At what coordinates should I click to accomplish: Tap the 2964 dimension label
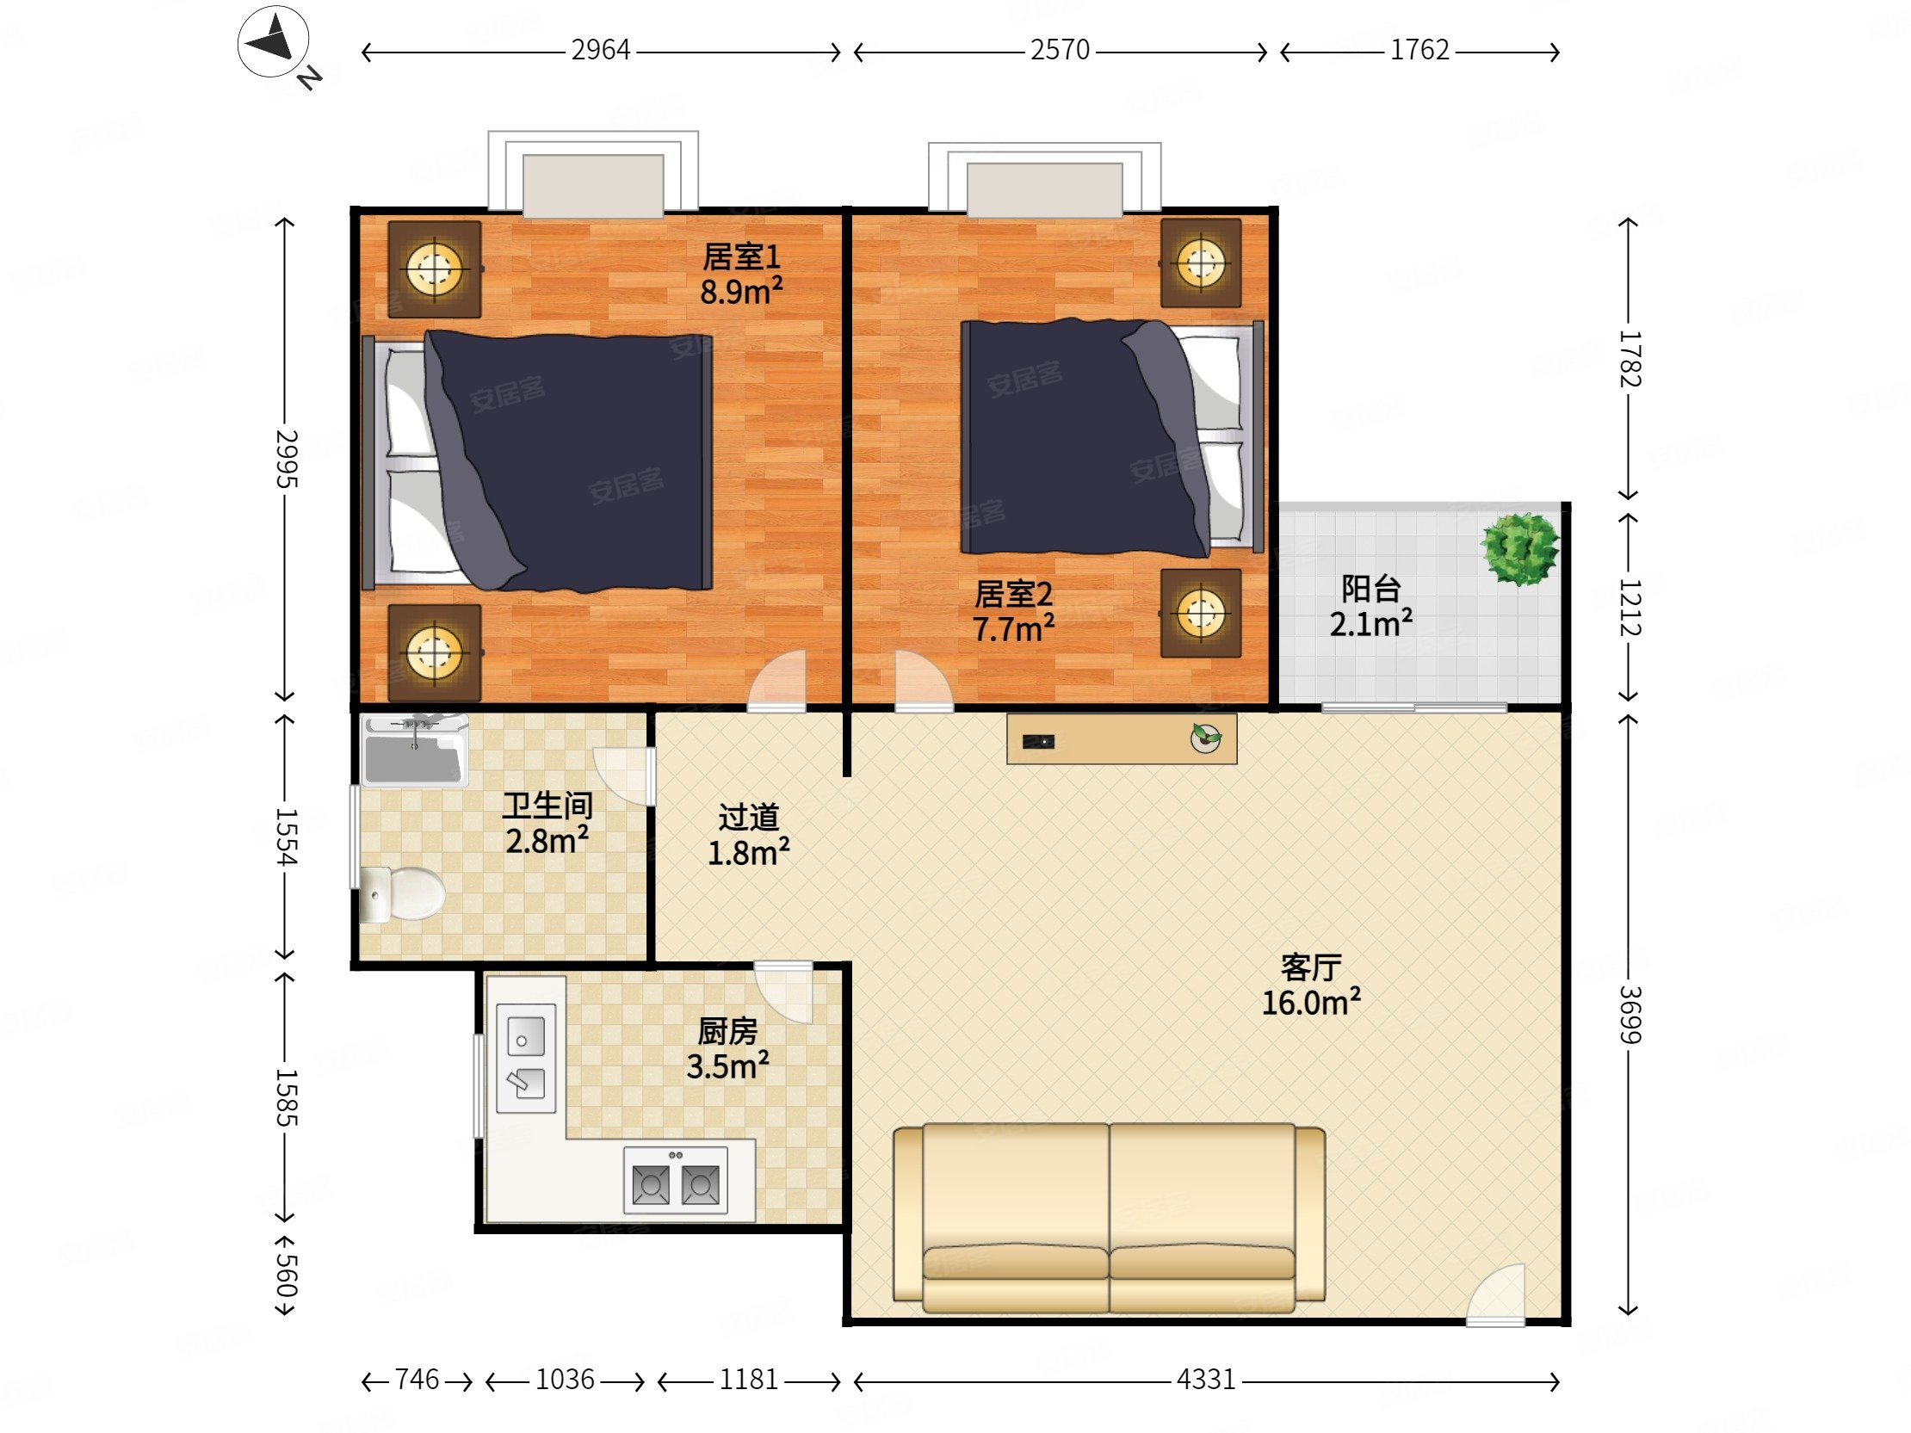click(x=601, y=50)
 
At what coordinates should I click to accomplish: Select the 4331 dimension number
click(x=1205, y=1380)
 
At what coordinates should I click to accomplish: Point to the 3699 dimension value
click(x=1630, y=1014)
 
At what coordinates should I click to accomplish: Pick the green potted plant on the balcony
click(x=1519, y=548)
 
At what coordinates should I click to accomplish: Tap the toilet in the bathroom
click(x=402, y=894)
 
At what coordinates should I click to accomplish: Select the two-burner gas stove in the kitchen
click(x=676, y=1180)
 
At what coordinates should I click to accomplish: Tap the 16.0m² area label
click(x=1311, y=1003)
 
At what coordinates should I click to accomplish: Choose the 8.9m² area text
click(x=741, y=292)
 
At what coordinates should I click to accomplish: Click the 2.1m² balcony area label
click(x=1371, y=624)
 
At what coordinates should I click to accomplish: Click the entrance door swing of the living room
click(x=1496, y=1294)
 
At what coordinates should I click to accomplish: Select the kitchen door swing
click(x=784, y=991)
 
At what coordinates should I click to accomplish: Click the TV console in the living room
click(x=1122, y=738)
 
